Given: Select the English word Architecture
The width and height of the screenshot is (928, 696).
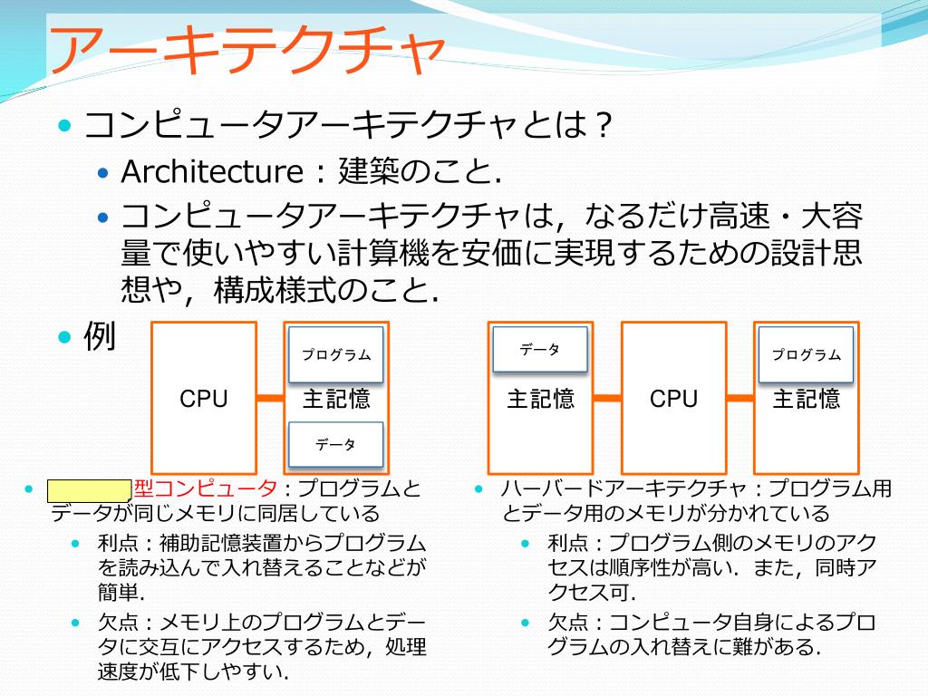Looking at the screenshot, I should pyautogui.click(x=210, y=171).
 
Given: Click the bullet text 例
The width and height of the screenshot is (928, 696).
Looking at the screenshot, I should pyautogui.click(x=100, y=337).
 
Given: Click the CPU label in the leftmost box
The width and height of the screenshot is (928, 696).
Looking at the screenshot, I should pyautogui.click(x=204, y=399).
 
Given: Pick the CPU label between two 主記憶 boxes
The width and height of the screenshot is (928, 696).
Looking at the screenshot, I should pyautogui.click(x=673, y=399).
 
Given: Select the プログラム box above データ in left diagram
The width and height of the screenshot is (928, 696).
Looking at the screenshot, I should pyautogui.click(x=336, y=354).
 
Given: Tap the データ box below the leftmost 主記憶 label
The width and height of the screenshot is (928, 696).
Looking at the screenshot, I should pyautogui.click(x=335, y=444).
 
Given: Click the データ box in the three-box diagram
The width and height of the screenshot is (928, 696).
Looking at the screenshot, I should pyautogui.click(x=540, y=350).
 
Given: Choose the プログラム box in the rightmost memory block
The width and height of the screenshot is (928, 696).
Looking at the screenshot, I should pyautogui.click(x=807, y=354).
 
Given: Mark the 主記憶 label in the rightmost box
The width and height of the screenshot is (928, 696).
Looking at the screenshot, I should pyautogui.click(x=807, y=399).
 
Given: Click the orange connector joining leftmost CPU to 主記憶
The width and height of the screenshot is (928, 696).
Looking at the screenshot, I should pyautogui.click(x=270, y=399).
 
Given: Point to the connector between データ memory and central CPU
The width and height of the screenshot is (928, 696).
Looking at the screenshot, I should pyautogui.click(x=606, y=399).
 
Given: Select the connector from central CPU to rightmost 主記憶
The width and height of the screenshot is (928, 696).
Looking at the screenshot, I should pyautogui.click(x=739, y=399).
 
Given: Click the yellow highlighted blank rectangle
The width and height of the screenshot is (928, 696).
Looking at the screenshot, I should pyautogui.click(x=89, y=490).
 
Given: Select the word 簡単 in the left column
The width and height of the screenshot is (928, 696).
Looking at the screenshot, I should pyautogui.click(x=118, y=593).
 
